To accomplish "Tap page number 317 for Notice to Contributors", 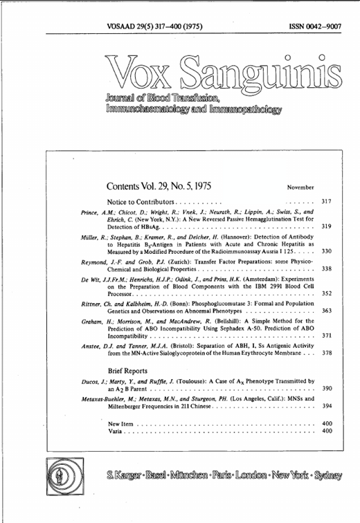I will (x=327, y=201).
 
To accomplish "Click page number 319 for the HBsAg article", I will (x=327, y=226).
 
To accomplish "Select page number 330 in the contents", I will (x=327, y=251).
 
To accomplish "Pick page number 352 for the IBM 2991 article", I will (x=327, y=293).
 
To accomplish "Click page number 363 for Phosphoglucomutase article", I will (x=327, y=311).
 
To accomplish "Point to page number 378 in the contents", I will (x=327, y=353).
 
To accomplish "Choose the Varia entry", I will (x=127, y=431).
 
